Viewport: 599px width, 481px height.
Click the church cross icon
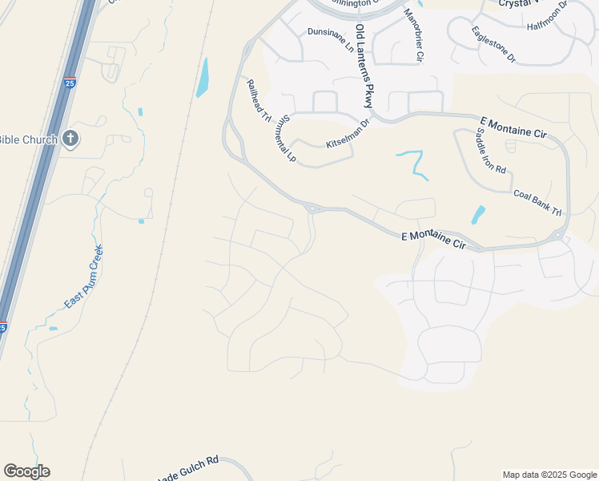pos(70,139)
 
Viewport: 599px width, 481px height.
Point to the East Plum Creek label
pos(84,277)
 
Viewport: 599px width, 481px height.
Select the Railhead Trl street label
pos(259,100)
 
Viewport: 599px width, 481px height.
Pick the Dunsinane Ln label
pos(330,39)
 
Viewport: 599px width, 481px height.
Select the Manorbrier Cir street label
pos(412,36)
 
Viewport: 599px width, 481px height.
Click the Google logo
pos(26,471)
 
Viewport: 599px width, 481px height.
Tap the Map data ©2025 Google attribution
pos(549,475)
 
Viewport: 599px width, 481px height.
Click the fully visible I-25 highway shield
pos(70,81)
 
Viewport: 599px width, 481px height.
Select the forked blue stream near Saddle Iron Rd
pos(413,161)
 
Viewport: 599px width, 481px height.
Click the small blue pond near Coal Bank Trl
pos(478,214)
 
